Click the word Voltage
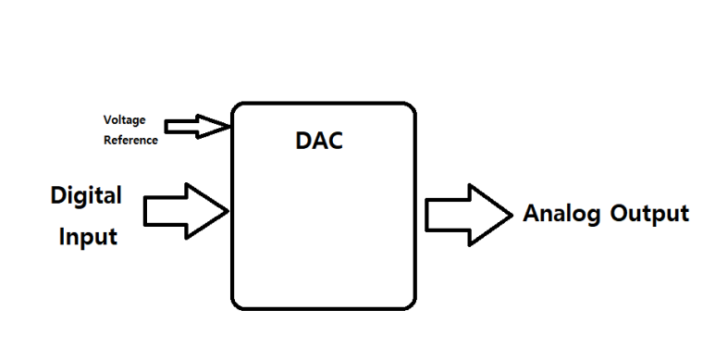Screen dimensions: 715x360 point(125,120)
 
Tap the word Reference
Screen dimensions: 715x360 point(130,140)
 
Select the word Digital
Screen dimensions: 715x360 point(86,196)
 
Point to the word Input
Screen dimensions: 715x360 point(88,237)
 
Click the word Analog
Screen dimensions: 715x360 point(561,214)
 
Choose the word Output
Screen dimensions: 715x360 point(649,214)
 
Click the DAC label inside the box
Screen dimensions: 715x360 point(319,141)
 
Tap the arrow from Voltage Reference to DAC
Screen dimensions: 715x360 point(198,127)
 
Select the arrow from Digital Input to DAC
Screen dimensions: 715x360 point(186,211)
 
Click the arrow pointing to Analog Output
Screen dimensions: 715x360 point(469,215)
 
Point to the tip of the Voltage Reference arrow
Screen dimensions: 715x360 point(231,127)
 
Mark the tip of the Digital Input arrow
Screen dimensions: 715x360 point(228,211)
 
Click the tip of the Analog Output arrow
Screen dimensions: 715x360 point(513,215)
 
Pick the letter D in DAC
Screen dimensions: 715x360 point(303,141)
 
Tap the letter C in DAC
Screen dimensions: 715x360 point(335,141)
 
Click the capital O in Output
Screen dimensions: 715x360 point(619,213)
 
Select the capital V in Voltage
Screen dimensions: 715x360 point(108,119)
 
